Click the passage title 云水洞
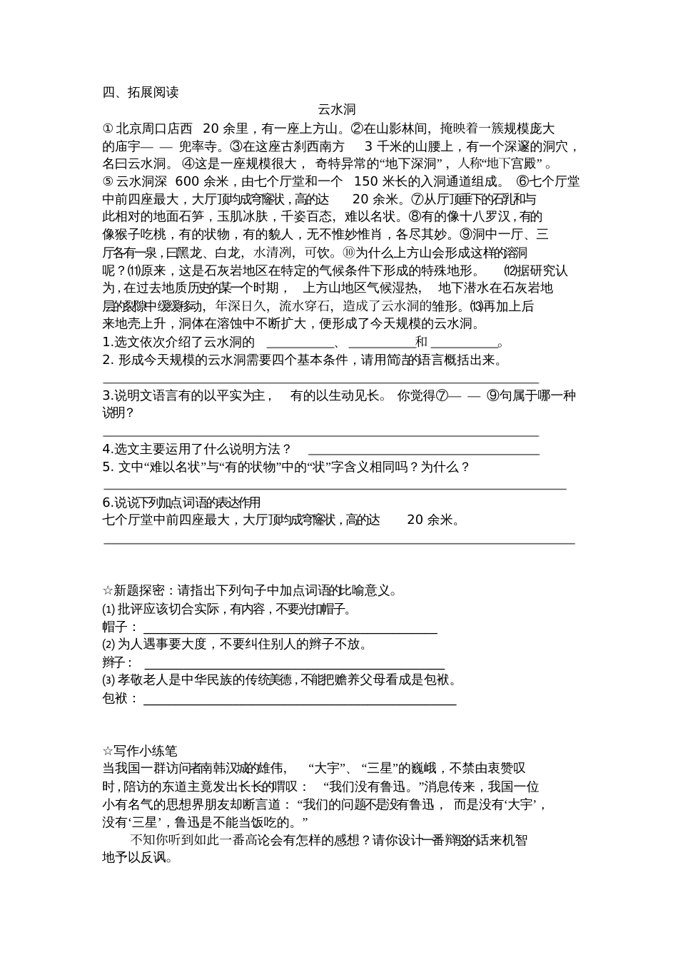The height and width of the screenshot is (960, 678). pos(336,110)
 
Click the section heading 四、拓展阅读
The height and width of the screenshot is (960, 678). pos(141,92)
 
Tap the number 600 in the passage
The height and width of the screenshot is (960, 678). pos(187,181)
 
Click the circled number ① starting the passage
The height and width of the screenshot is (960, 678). pos(108,128)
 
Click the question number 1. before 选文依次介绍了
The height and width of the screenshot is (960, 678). pos(107,342)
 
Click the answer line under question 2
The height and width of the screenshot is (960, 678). pos(321,383)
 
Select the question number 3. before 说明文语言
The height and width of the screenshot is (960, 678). pos(107,395)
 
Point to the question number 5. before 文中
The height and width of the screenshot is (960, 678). pos(108,467)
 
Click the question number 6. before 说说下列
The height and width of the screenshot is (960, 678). pos(107,502)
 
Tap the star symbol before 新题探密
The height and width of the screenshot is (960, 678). pos(108,590)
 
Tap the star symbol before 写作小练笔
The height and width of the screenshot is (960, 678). pos(108,751)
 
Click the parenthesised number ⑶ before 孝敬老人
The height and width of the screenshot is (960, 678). pos(108,680)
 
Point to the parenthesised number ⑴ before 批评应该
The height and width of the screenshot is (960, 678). pos(108,610)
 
